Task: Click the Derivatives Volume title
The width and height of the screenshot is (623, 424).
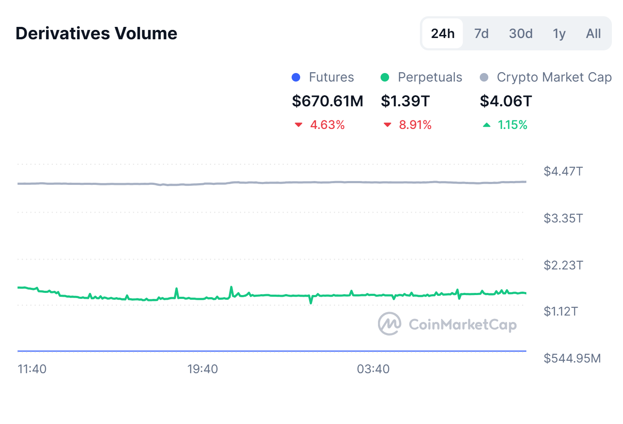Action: (x=96, y=33)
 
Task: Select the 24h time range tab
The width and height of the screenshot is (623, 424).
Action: (x=443, y=33)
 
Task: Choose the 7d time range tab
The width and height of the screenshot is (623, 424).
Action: (x=481, y=33)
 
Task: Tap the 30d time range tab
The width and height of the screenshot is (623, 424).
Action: (x=520, y=33)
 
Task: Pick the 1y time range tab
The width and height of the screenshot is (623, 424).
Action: (x=559, y=33)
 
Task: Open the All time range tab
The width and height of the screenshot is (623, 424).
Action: (x=593, y=33)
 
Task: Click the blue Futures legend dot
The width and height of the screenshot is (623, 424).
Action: (x=296, y=77)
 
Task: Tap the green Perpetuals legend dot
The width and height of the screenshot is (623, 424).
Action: (x=385, y=77)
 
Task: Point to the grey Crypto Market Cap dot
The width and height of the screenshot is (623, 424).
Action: (x=484, y=77)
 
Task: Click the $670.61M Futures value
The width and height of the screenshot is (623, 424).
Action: (x=328, y=101)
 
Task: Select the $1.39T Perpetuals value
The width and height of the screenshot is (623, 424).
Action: (x=405, y=101)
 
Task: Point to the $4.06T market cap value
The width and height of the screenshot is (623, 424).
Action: (x=505, y=101)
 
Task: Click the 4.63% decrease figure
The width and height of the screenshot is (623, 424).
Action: (x=327, y=125)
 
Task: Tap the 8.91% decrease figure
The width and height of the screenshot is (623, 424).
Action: (x=415, y=125)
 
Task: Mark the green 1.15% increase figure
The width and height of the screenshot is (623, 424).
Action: (x=512, y=125)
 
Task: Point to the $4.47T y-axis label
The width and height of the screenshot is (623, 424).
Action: (x=563, y=171)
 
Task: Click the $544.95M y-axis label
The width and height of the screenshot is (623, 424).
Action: (x=572, y=358)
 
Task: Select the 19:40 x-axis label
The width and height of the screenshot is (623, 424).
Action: (x=202, y=369)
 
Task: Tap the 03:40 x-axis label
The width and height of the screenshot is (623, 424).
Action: (x=373, y=369)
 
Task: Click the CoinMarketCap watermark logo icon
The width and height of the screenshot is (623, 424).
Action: (x=390, y=324)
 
